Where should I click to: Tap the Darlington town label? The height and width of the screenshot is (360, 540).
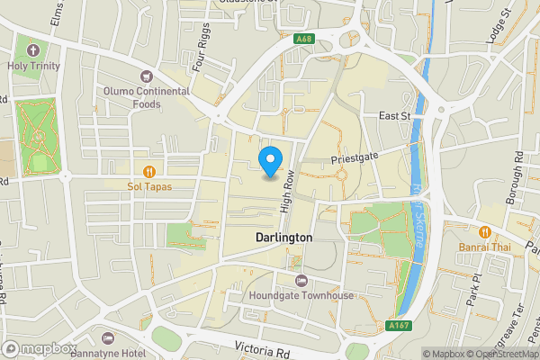tap(283, 238)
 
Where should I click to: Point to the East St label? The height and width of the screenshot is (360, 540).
tap(394, 116)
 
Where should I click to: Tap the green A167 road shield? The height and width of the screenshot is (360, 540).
tap(400, 326)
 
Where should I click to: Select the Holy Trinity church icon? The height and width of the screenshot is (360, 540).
tap(34, 49)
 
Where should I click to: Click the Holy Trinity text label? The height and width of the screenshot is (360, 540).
tap(34, 65)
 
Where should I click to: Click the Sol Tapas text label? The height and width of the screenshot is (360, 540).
tap(149, 186)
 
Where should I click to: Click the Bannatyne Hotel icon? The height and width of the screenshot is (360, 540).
tap(109, 337)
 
